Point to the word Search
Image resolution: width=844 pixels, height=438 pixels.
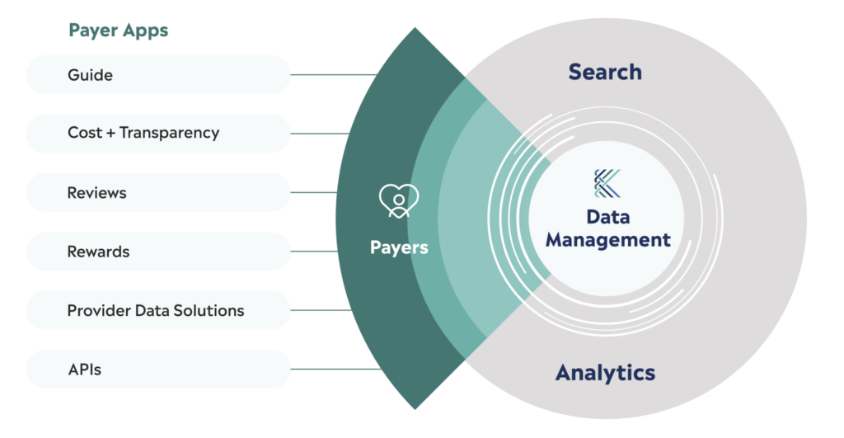[605, 73]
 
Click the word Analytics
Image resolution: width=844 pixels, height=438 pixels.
[605, 372]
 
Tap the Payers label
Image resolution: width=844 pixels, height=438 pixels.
[399, 247]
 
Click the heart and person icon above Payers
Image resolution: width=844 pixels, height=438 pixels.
[399, 201]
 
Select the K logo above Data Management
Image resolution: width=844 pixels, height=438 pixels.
[608, 183]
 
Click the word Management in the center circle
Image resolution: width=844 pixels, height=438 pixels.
[608, 240]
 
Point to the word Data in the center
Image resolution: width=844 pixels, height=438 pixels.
[608, 218]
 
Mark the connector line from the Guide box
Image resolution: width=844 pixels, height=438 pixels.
[334, 75]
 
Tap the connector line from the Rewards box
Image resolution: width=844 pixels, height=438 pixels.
[313, 251]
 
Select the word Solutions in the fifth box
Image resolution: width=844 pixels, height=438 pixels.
[212, 310]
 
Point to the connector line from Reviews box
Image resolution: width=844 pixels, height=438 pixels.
[313, 192]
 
